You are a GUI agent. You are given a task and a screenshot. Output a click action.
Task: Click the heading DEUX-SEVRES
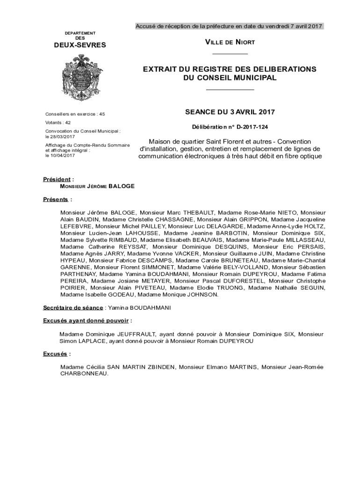tap(80, 45)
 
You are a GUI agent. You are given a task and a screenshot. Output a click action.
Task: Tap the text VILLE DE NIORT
tap(230, 43)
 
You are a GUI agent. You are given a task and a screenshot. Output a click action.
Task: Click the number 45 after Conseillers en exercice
tap(102, 114)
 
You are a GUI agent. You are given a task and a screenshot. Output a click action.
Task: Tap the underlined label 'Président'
tap(57, 179)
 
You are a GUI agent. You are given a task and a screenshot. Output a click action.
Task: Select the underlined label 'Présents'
tap(56, 199)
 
